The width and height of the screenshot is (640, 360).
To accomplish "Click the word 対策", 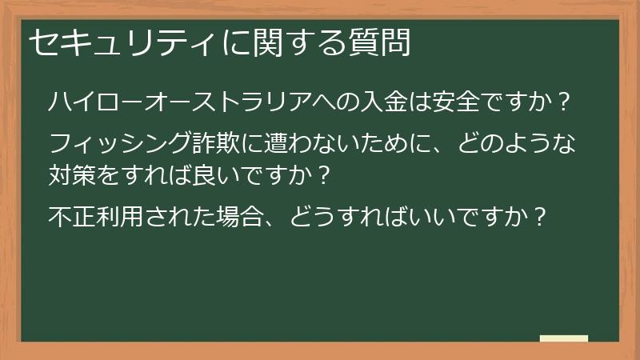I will [x=73, y=171].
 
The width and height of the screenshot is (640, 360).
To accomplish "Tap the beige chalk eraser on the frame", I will [x=564, y=338].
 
